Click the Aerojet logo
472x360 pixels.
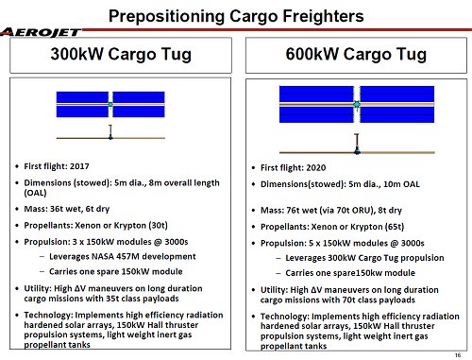click(41, 32)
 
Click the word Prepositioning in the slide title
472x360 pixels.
click(166, 16)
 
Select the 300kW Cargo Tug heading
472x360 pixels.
click(121, 54)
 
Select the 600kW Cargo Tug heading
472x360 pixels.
click(356, 54)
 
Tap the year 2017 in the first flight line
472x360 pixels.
click(79, 166)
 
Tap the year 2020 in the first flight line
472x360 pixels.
click(316, 167)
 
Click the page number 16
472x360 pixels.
click(458, 355)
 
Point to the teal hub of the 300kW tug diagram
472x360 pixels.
click(110, 104)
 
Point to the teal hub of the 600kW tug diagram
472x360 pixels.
click(357, 104)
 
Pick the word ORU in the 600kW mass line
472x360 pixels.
click(361, 210)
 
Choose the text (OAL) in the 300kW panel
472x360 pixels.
click(35, 193)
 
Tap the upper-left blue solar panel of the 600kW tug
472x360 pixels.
click(316, 94)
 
